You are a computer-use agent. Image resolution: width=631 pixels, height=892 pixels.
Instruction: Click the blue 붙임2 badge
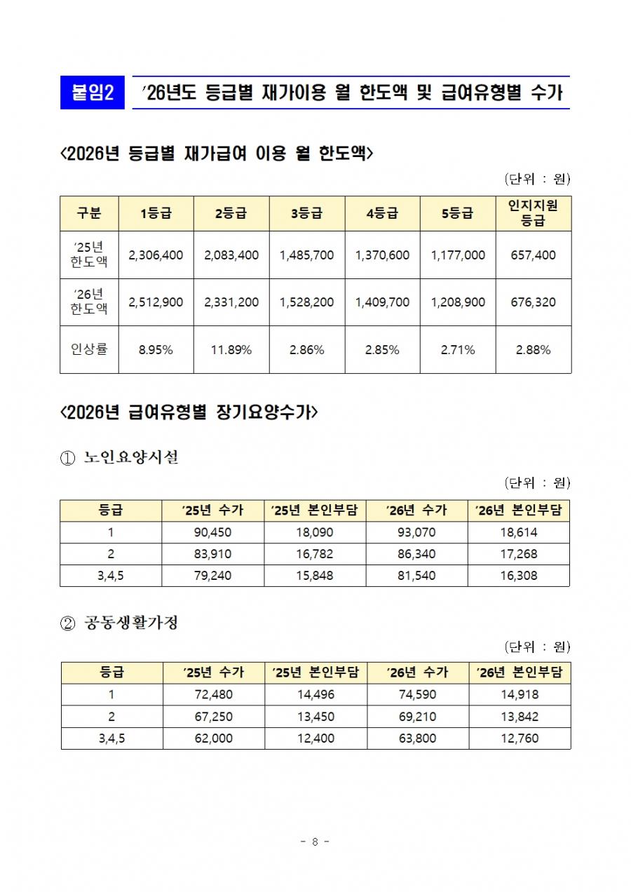[93, 93]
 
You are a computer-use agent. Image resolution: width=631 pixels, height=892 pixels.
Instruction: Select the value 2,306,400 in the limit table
[156, 255]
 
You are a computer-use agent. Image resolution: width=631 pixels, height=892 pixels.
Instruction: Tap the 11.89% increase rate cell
[231, 350]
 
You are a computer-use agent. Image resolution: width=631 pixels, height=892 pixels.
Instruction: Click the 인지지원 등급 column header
[533, 213]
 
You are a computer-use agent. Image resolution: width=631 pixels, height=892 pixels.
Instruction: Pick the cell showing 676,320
[533, 302]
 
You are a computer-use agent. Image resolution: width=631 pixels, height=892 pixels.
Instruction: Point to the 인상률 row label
[89, 349]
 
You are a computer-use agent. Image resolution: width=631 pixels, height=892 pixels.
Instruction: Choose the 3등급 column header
[306, 214]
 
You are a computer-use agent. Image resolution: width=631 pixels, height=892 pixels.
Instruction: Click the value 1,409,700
[382, 302]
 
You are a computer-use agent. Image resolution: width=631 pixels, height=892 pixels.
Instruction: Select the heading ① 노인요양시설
[120, 459]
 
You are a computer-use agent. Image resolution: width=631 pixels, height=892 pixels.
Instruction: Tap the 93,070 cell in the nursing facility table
[416, 532]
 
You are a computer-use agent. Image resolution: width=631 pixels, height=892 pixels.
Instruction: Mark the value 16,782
[315, 554]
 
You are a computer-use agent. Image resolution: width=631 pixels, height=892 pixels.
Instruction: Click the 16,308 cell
[519, 576]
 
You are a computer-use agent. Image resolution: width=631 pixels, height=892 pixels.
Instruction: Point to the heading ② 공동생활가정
[120, 622]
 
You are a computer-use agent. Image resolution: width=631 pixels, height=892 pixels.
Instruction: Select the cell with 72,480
[213, 695]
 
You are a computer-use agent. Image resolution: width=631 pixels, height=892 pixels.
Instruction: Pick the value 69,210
[416, 717]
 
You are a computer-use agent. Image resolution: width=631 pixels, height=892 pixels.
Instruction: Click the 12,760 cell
[519, 738]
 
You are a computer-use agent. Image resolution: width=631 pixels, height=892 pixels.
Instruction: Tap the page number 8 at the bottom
[315, 842]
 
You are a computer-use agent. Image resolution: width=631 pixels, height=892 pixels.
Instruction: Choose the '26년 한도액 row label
[89, 302]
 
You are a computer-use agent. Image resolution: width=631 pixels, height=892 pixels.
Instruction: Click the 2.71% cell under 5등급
[458, 350]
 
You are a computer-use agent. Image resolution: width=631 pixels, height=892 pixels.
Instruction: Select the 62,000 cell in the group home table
[213, 738]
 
